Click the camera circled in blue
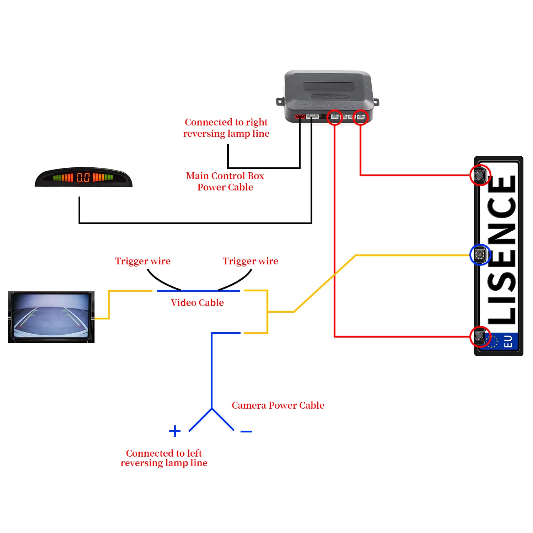pos(480,254)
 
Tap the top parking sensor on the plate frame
pos(480,175)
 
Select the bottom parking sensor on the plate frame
pos(480,336)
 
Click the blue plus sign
pos(174,431)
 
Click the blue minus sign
pos(246,431)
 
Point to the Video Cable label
pos(197,303)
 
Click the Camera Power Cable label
pos(278,405)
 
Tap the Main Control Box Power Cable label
pos(225,182)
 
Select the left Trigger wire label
pos(142,261)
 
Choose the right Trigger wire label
pos(250,261)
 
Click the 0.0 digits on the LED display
pos(83,177)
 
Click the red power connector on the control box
pos(300,116)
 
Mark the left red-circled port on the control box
pos(334,117)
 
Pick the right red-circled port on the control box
pos(361,117)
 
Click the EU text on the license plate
pos(508,341)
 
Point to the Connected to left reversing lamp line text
pos(164,458)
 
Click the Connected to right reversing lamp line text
pos(226,128)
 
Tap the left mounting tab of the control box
pos(280,102)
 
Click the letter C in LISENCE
pos(502,208)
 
